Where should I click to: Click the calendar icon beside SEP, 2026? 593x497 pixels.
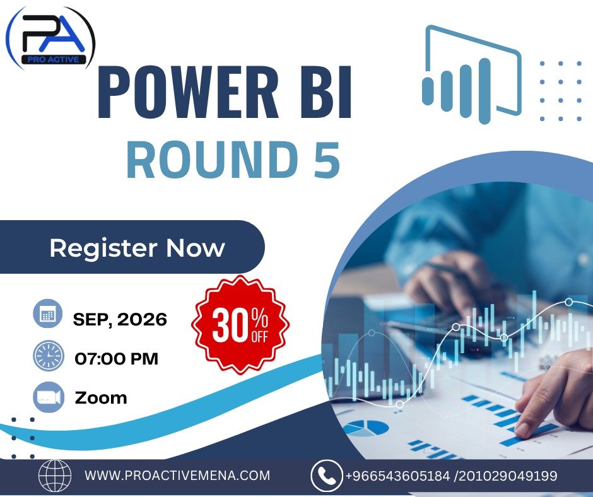coord(48,313)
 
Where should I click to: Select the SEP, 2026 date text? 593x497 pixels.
coord(120,320)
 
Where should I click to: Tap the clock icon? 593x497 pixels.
coord(48,356)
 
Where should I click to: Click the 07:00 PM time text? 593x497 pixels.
coord(117,359)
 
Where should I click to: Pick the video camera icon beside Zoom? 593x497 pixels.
coord(49,397)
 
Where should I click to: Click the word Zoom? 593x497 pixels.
coord(100,398)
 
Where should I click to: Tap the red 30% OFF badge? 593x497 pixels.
coord(240,325)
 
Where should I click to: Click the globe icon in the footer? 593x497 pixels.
coord(55,475)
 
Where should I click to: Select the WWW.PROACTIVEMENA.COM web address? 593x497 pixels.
coord(177,476)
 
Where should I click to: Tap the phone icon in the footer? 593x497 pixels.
coord(326,476)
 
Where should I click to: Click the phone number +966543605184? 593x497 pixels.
coord(397,476)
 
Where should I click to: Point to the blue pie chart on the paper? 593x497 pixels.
coord(366,428)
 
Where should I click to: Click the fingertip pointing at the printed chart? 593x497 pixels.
coord(522,430)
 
